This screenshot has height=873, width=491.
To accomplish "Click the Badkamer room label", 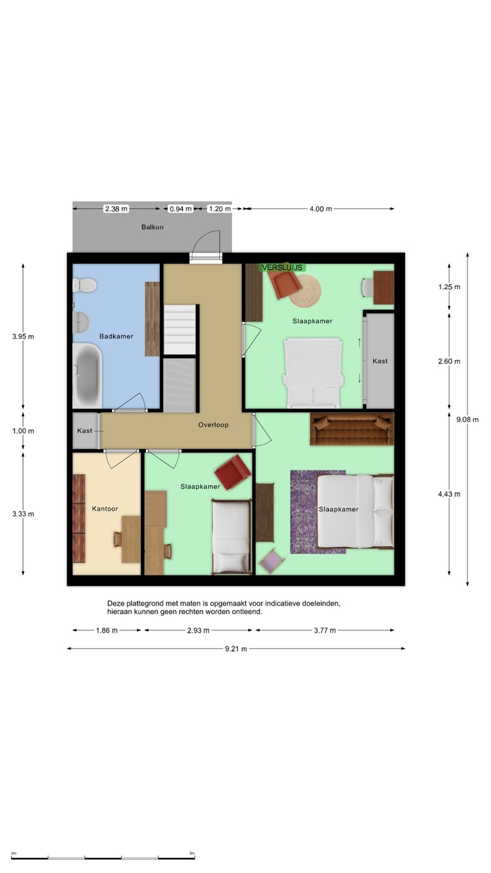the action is coord(116,336).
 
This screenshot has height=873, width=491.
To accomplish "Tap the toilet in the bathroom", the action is coord(84,285).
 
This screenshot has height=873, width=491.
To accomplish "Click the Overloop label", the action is coord(213,425).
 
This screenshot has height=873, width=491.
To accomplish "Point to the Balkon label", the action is coord(152,227).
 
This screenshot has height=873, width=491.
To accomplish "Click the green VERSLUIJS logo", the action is coord(282,268).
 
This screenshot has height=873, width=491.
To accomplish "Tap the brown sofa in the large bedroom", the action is coord(352,429).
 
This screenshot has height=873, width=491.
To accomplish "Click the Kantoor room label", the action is coord(105,509).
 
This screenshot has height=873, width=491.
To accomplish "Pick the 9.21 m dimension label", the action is coord(236,649).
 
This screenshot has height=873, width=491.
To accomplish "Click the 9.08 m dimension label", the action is coord(467,420).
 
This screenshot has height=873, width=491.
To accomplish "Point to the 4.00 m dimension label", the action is coord(321,209).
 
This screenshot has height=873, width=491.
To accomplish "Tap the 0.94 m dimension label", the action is coord(181,209).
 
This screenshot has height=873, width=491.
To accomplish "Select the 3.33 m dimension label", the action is coord(23,514).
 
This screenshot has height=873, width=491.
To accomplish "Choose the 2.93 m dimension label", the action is coord(198,630).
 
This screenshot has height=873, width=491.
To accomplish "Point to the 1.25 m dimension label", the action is coord(449,287).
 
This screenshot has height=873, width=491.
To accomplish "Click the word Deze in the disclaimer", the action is coord(116,603).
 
